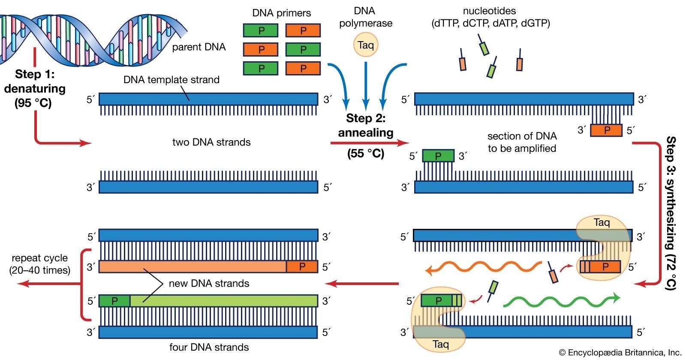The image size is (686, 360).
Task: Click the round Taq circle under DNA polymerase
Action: pos(365,45)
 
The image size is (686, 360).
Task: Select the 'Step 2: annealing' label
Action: pos(366,126)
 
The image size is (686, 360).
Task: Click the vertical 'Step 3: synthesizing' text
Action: pos(671,213)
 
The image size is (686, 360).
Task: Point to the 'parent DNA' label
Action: pos(199,47)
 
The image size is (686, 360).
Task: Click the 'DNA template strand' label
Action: pos(171,80)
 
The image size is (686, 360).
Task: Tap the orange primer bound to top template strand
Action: pos(606,130)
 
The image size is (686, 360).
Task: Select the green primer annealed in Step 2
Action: pos(438,156)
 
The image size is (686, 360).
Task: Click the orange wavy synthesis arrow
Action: pos(484,267)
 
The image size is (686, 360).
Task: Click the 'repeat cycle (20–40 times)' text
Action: pos(39,264)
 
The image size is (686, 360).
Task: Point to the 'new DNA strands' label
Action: pos(209,283)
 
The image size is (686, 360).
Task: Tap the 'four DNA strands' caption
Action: pos(209,347)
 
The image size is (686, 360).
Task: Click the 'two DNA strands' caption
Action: pos(211,142)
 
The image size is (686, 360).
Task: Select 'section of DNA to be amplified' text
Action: pos(522,142)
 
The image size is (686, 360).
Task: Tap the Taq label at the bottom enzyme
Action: pos(440,344)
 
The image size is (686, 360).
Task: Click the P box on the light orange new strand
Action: pos(302,267)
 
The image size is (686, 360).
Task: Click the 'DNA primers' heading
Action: pos(281,13)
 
